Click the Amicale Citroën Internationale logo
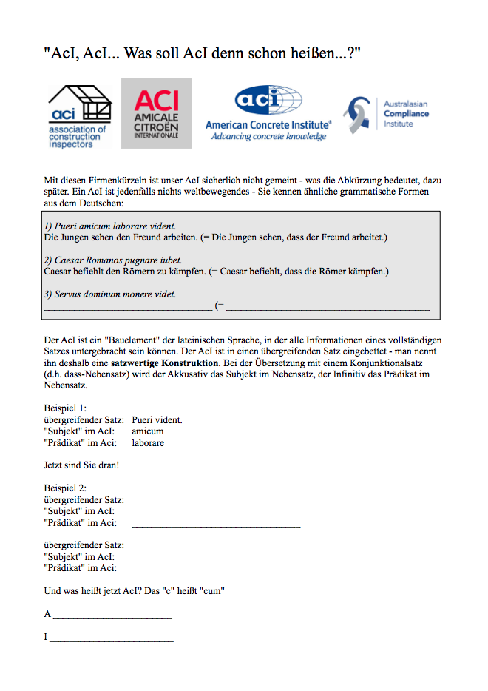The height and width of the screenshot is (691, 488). pyautogui.click(x=156, y=112)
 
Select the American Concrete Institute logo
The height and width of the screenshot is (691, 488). pyautogui.click(x=268, y=114)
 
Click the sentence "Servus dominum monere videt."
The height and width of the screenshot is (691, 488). pyautogui.click(x=109, y=294)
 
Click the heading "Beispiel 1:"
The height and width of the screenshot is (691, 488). pyautogui.click(x=65, y=408)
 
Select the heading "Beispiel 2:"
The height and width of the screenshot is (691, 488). pyautogui.click(x=65, y=488)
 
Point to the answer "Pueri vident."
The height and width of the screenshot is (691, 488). pyautogui.click(x=157, y=420)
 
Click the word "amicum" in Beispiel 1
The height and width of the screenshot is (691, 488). pyautogui.click(x=148, y=431)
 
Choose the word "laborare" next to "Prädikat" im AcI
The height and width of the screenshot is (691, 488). pyautogui.click(x=148, y=443)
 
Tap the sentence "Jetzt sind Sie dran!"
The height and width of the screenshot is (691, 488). pyautogui.click(x=81, y=465)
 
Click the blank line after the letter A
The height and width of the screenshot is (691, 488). pyautogui.click(x=112, y=616)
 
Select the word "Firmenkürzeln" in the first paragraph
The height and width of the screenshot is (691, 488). pyautogui.click(x=110, y=180)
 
